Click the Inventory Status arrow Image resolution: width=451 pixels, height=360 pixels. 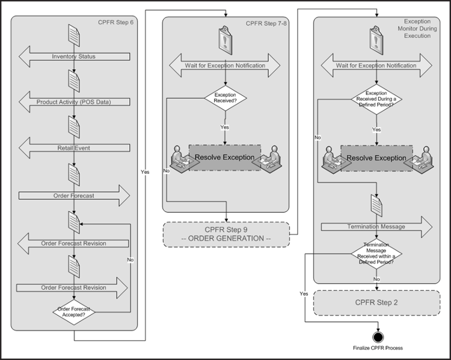click(73, 57)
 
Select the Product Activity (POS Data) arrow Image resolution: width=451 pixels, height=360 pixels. click(73, 102)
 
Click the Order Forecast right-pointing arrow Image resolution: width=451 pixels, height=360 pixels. click(73, 195)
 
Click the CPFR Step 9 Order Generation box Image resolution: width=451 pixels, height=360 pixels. click(226, 234)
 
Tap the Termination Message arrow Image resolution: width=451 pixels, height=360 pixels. click(376, 227)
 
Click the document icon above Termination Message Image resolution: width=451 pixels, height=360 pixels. click(376, 207)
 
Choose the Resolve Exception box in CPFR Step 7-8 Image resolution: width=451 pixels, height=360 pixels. click(225, 157)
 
